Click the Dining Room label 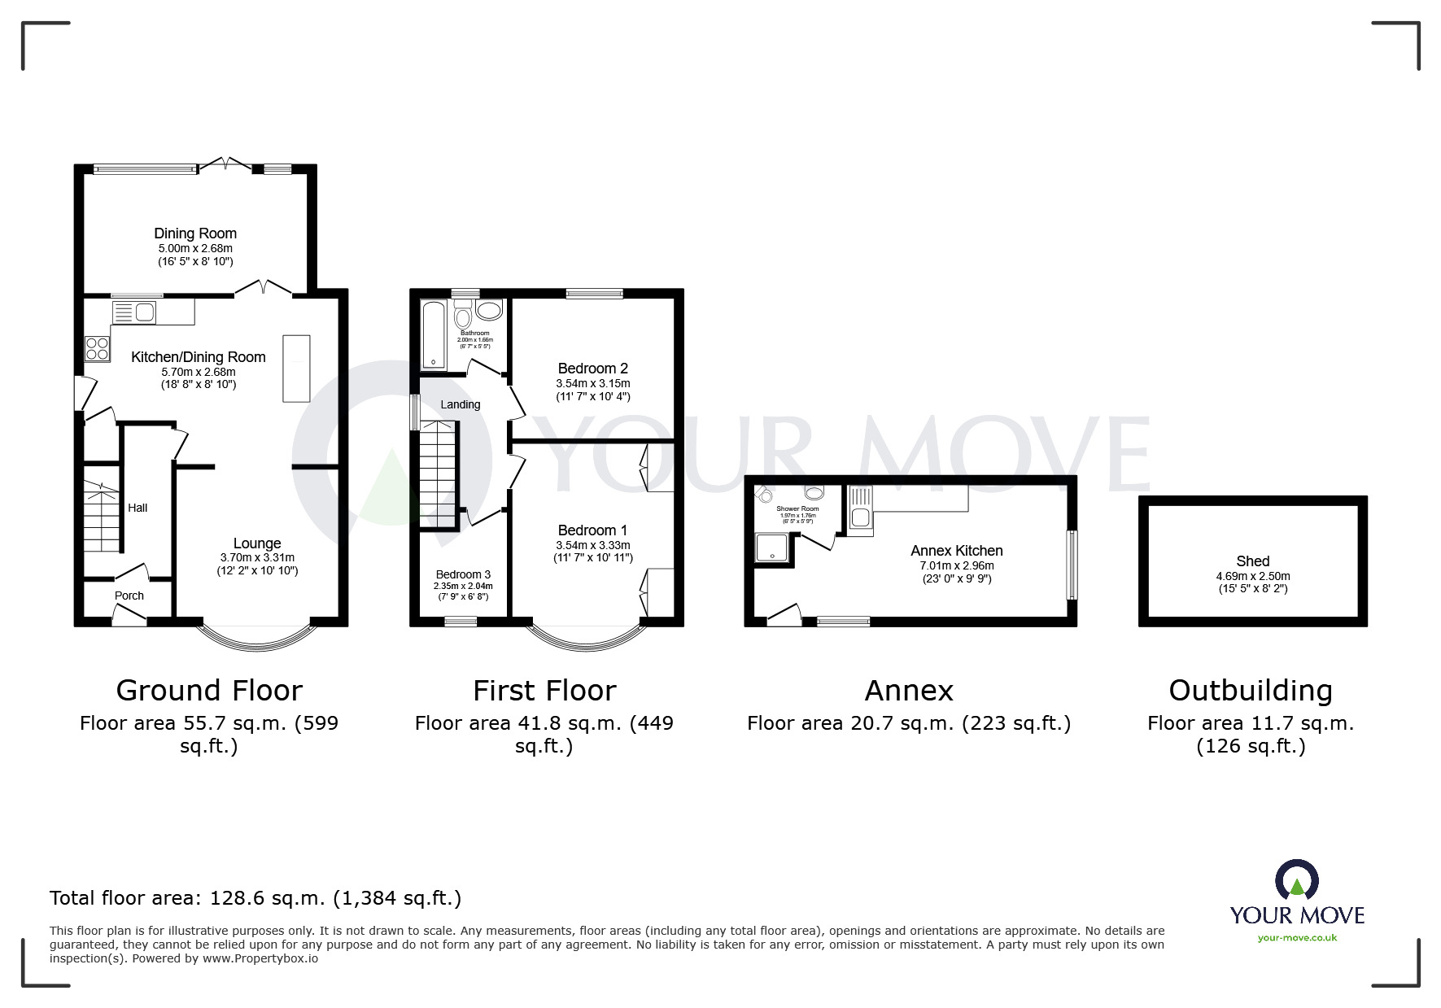[195, 233]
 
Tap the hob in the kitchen [98, 349]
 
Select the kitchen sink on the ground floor [134, 312]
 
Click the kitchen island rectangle [296, 368]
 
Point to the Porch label [129, 596]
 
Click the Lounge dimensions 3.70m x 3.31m [257, 557]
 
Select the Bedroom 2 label [592, 369]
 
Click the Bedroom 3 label [463, 574]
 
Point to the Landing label [461, 404]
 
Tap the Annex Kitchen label [956, 551]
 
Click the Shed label [1252, 561]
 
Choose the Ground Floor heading [209, 691]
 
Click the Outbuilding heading [1251, 691]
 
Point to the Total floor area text [255, 898]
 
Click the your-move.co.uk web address [1297, 938]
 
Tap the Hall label [138, 508]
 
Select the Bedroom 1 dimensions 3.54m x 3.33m [592, 545]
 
